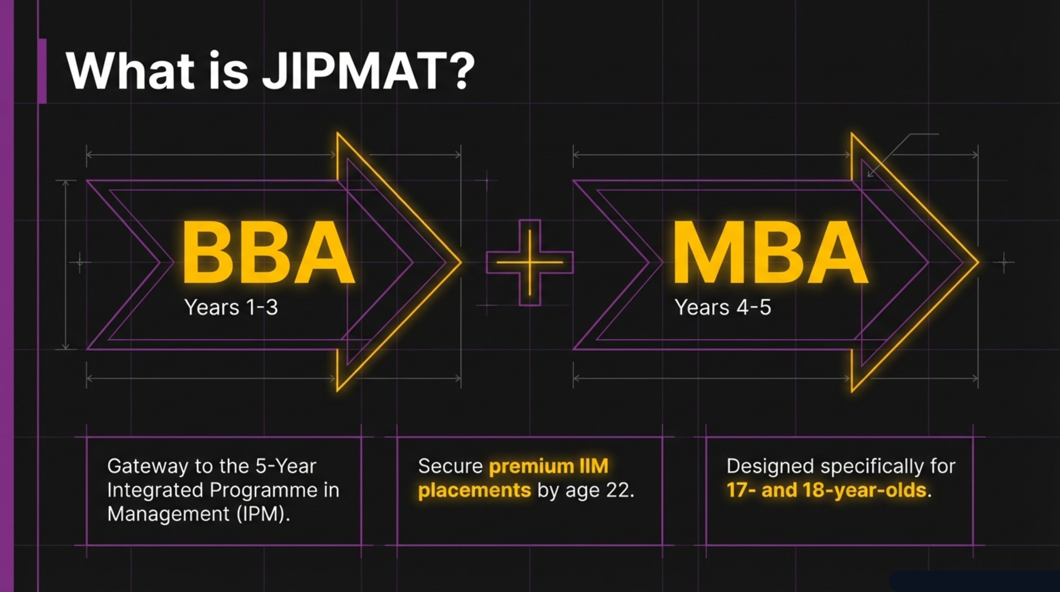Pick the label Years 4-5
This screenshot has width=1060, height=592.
(x=723, y=307)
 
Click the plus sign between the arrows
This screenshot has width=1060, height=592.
(x=530, y=262)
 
